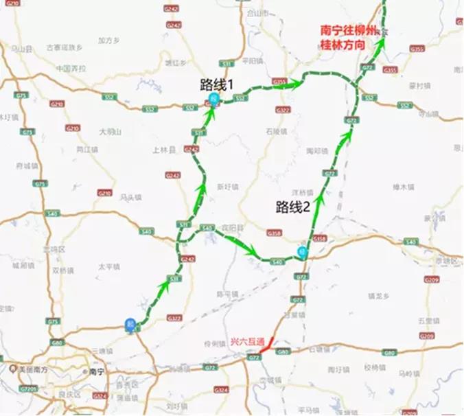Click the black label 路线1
[218, 86]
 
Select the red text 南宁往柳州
[348, 30]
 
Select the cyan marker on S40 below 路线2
[302, 251]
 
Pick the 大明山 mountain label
[110, 130]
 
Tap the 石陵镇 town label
[275, 130]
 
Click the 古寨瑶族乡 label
[64, 47]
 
